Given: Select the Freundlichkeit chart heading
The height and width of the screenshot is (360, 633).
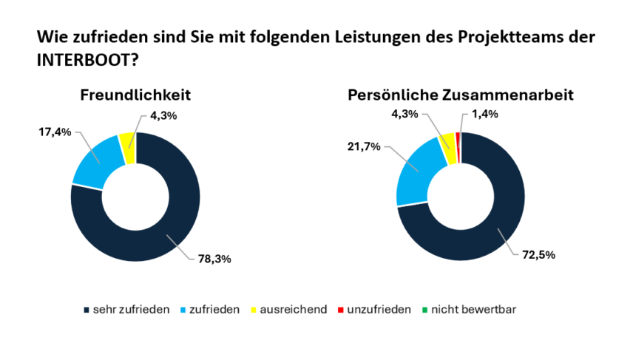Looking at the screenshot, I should click(x=135, y=95).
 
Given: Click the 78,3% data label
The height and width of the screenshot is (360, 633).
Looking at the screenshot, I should click(x=214, y=259).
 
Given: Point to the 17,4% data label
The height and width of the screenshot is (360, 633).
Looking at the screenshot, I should click(x=54, y=132).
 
